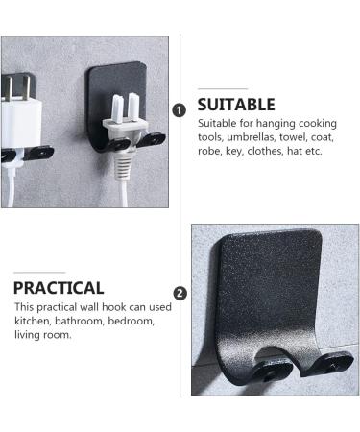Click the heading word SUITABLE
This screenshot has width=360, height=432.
[236, 104]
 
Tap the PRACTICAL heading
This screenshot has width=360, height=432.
[59, 287]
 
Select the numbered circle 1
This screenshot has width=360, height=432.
[180, 110]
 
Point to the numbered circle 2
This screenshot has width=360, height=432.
[180, 293]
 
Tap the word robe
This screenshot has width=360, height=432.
[210, 151]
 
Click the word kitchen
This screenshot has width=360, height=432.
[33, 320]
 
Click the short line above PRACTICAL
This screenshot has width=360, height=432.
[39, 271]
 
